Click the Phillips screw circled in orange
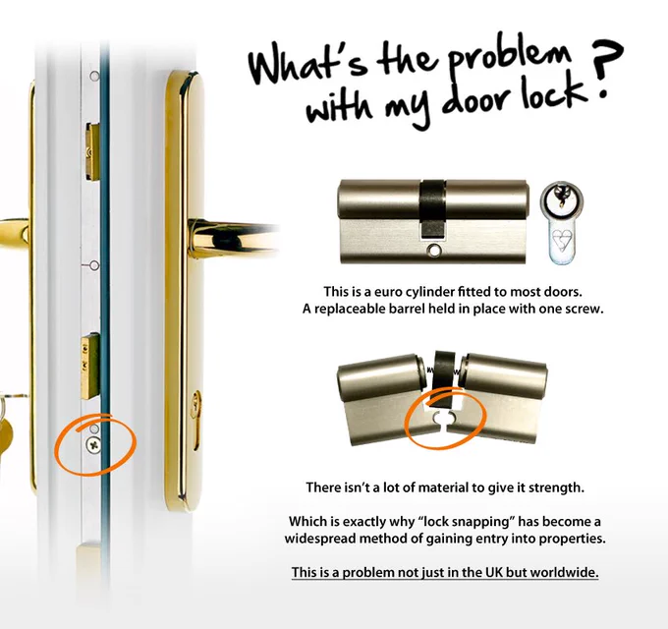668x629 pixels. tap(93, 445)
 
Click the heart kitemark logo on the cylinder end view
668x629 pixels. tap(562, 241)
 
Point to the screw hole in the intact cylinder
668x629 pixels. tap(433, 251)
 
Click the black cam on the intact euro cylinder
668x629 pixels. tap(433, 208)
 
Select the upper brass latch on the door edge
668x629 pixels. tap(92, 151)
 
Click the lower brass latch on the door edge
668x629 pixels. tap(90, 367)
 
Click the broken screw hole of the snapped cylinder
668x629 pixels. tap(444, 418)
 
